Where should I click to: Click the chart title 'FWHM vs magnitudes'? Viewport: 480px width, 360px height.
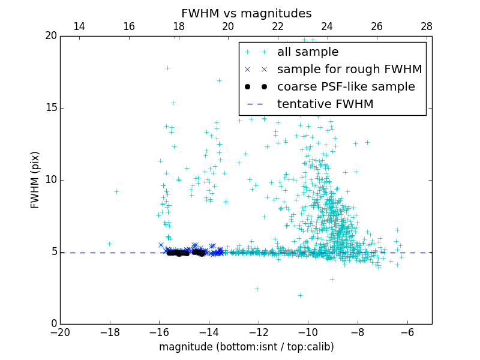[246, 13]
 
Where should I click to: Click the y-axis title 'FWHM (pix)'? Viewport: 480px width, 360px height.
[35, 179]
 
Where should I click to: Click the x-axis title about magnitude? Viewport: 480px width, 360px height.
[246, 347]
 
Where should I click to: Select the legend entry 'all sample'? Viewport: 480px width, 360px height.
[308, 52]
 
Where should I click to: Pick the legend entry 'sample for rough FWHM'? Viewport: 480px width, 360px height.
[349, 70]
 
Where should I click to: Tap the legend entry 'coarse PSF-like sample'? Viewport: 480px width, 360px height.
[346, 87]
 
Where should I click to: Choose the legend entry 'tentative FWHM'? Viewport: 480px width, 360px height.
[325, 104]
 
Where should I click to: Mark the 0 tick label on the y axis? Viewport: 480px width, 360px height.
[53, 324]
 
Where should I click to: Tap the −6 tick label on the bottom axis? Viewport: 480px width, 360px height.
[407, 332]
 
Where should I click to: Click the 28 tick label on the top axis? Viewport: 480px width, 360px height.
[427, 27]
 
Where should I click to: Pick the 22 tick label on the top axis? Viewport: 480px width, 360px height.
[278, 27]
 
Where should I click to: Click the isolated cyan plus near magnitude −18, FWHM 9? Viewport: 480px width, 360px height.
[116, 191]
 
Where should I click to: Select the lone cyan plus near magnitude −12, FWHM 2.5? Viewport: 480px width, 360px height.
[257, 289]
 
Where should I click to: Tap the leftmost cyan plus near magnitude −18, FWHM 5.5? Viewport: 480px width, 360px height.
[109, 244]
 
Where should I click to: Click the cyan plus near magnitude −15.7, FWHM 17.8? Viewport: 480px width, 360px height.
[167, 68]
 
